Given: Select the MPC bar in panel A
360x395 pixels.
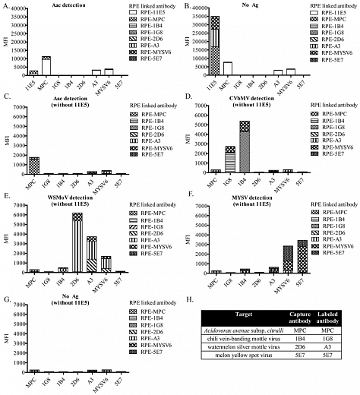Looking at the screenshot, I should tap(46, 67).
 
